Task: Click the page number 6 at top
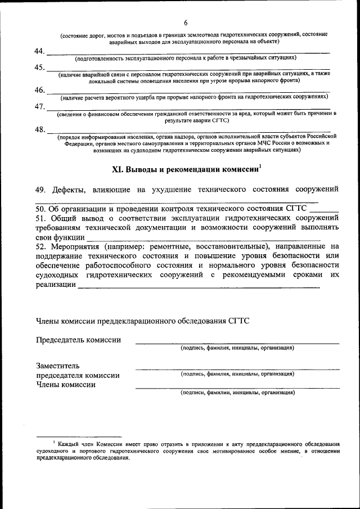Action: pyautogui.click(x=184, y=22)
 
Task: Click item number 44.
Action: pyautogui.click(x=40, y=52)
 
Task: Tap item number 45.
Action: pyautogui.click(x=40, y=68)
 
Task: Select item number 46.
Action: pyautogui.click(x=40, y=91)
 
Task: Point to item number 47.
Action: pyautogui.click(x=40, y=107)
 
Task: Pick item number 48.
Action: pyautogui.click(x=40, y=130)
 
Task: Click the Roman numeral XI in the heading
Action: pyautogui.click(x=118, y=169)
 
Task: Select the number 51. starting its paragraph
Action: pyautogui.click(x=42, y=218)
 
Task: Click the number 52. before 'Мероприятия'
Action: pyautogui.click(x=42, y=247)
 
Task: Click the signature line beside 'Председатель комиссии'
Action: pyautogui.click(x=237, y=343)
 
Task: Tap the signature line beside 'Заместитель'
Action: pyautogui.click(x=237, y=368)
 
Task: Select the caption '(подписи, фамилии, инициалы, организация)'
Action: pyautogui.click(x=237, y=393)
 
